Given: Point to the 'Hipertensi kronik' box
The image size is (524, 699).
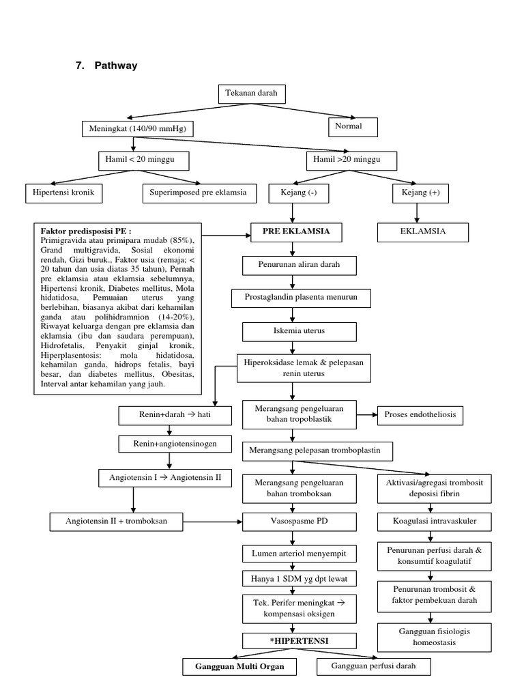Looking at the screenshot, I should [63, 194].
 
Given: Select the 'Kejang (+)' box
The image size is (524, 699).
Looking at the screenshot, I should [426, 194].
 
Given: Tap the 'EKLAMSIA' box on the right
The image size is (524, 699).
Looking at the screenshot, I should [424, 232].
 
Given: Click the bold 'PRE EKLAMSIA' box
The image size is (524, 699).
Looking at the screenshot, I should [296, 232].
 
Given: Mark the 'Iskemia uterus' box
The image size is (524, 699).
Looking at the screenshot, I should [299, 331].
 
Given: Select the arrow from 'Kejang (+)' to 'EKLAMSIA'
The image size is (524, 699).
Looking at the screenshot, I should [425, 213].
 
